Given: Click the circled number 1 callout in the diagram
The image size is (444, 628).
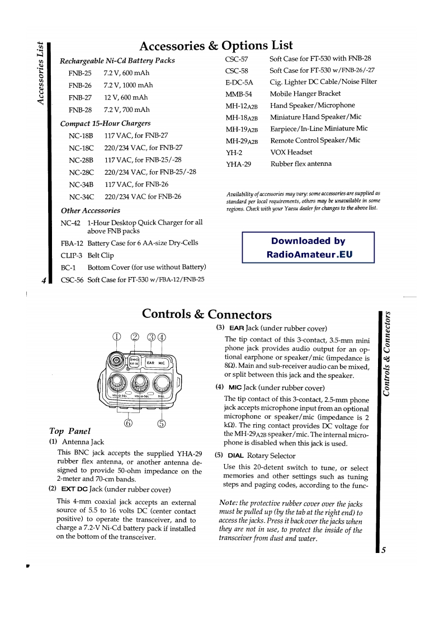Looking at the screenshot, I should pos(117,336).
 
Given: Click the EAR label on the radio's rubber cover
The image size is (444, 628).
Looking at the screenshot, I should pos(151,363).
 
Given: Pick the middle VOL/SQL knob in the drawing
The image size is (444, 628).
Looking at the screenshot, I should pos(139,382).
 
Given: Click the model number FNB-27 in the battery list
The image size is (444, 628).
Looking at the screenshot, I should pos(79,97).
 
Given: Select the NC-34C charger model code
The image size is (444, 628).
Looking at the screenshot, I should pos(81,196).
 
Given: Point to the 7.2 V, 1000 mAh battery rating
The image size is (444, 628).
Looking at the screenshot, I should pos(128,85).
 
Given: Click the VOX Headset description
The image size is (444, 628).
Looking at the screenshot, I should pos(291,152).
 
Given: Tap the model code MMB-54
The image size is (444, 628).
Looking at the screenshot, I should pos(239,93).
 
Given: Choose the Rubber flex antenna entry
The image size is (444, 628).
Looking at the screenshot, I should pos(301,164).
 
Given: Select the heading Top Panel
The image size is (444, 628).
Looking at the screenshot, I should pos(70,431).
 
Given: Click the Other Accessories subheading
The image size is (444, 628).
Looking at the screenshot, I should pos(90,210).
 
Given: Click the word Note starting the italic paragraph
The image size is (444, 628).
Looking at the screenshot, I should pos(230,503).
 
